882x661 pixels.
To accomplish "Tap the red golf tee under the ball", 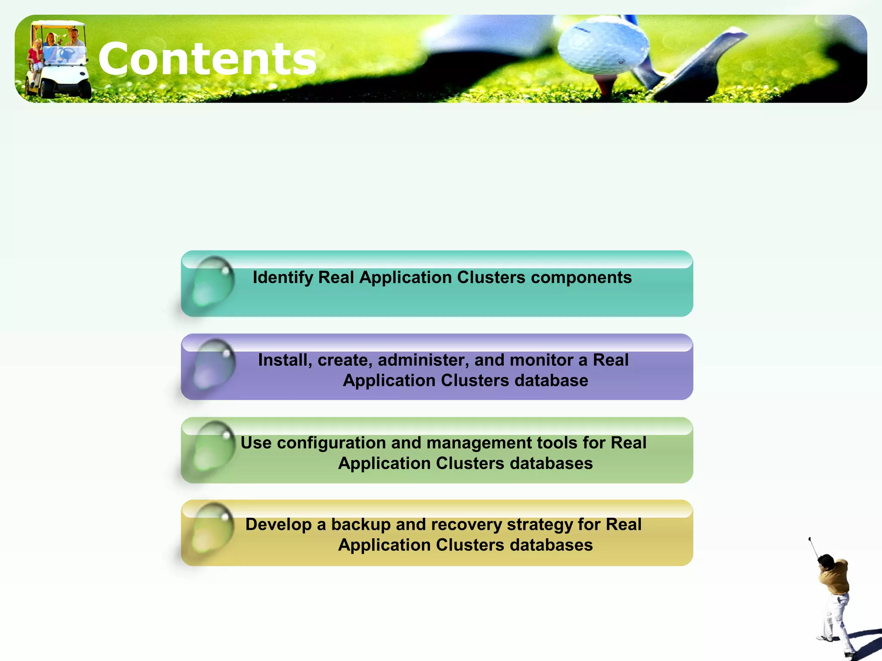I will [x=605, y=84].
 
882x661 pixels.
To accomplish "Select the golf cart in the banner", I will [x=57, y=60].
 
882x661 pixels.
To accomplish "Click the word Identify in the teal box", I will [x=283, y=278].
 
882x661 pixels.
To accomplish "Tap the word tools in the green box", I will [x=580, y=443].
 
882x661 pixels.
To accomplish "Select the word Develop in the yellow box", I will [x=278, y=525].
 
